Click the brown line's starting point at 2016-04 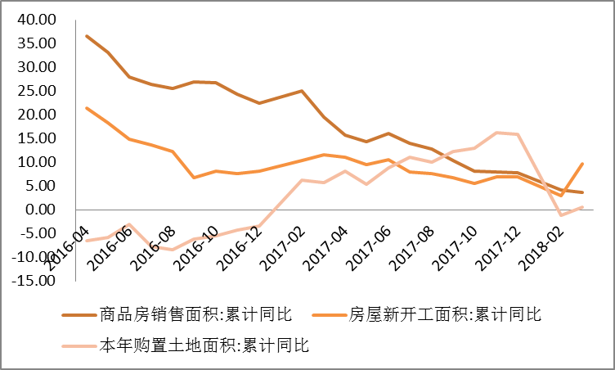coord(87,36)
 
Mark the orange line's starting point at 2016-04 coord(87,108)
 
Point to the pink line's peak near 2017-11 coord(496,133)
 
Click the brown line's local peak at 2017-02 coord(302,91)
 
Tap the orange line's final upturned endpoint coord(581,164)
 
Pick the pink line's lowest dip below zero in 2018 coord(560,215)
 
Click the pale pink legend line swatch coord(77,345)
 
